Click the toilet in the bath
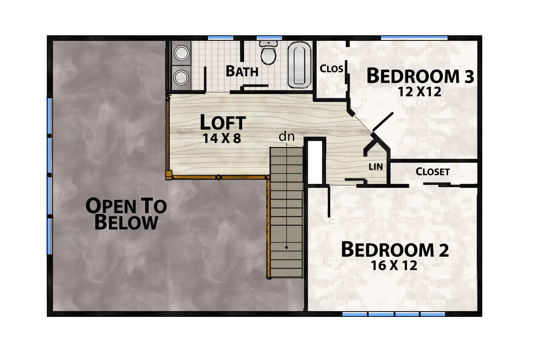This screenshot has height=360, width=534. point(269,52)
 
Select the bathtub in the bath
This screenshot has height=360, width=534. point(299,65)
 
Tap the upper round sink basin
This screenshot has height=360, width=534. point(182,53)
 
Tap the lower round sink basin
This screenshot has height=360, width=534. point(181,77)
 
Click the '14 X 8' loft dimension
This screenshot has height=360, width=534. point(222,138)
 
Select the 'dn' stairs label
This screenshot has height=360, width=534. point(286,137)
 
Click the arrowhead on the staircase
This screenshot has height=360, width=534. point(286,248)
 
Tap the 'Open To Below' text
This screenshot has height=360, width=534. point(126,214)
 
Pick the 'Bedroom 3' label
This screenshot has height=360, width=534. point(420,76)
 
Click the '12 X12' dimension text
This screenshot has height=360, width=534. point(419,92)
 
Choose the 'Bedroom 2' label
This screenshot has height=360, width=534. point(395,250)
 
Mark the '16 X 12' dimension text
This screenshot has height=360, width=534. point(394,265)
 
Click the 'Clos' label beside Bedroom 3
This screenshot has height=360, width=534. point(331,69)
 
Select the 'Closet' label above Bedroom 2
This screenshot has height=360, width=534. point(433,172)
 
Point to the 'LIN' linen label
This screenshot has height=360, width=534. point(376,167)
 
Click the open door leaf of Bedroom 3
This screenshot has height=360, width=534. point(382,122)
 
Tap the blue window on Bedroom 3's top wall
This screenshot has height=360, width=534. point(414,38)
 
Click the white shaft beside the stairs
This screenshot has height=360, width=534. point(315,162)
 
